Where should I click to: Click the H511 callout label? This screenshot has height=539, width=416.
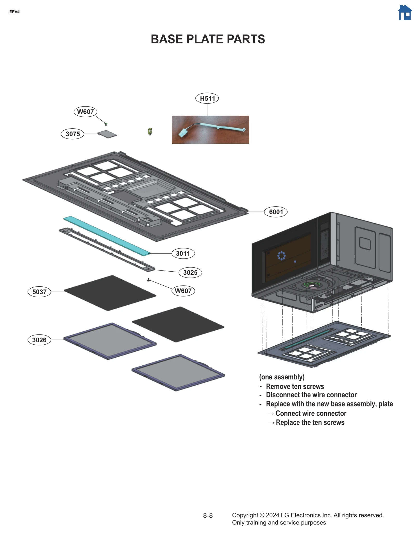coord(207,98)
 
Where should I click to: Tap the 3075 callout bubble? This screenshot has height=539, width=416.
coord(73,134)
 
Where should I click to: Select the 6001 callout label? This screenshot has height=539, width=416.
coord(276,212)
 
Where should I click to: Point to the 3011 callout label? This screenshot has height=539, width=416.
coord(183,253)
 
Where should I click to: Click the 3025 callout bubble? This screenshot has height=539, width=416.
coord(190,273)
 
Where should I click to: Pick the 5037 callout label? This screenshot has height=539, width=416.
coord(39,292)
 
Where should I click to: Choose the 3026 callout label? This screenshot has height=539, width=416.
coord(39,340)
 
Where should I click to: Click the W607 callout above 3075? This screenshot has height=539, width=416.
coord(85,112)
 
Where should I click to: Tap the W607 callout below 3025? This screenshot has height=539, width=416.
coord(183,291)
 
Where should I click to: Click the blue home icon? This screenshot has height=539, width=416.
coord(405,13)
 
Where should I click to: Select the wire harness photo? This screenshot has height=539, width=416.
coord(210,130)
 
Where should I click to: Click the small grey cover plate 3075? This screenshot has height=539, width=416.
coord(107,134)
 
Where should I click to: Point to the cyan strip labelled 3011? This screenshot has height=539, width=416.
coord(107,235)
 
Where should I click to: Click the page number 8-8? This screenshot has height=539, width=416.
coord(208,516)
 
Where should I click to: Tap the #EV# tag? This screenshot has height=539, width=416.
coord(15,12)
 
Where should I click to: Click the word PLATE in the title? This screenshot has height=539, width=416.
coord(205,39)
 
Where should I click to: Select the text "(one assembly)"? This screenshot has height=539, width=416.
coord(282,377)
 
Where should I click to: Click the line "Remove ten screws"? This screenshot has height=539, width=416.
coord(295,386)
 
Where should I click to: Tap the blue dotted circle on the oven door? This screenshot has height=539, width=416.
coord(281,256)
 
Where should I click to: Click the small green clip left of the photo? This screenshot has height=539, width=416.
coord(150,132)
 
